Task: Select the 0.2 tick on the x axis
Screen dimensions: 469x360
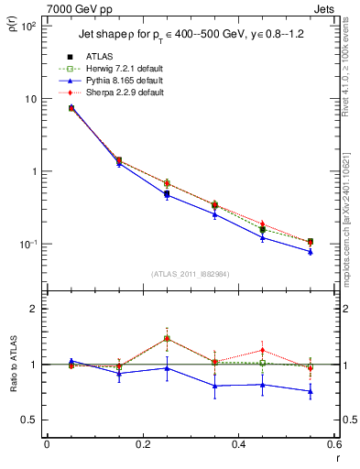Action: coord(142,446)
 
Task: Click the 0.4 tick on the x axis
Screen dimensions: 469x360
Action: coord(238,446)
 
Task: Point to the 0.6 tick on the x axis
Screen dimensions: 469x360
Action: coord(334,446)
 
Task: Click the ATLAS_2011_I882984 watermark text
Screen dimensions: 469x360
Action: coord(190,274)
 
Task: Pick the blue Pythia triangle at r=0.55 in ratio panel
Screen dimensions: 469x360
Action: coord(311,391)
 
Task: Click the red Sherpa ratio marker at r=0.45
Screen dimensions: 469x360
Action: coord(262,350)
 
